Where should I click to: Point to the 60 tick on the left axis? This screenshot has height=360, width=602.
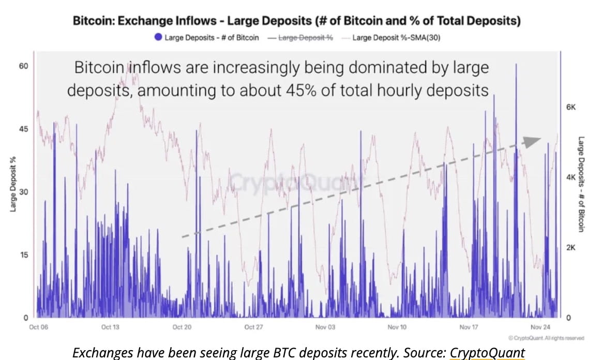click(24, 66)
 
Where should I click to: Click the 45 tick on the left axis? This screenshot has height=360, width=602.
click(24, 129)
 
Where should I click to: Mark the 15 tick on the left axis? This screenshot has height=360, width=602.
click(24, 254)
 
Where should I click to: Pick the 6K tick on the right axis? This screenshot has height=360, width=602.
click(570, 107)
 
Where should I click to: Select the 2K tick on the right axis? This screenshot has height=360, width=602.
click(570, 247)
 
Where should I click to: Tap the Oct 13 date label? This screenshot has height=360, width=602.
click(110, 327)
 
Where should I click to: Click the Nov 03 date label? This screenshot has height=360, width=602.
click(326, 327)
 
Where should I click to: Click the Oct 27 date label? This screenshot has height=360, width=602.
click(253, 327)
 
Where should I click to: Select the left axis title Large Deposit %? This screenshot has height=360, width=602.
click(12, 185)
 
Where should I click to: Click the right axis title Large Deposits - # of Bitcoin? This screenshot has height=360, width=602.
click(580, 184)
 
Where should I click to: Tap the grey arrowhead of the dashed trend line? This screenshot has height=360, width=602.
click(533, 141)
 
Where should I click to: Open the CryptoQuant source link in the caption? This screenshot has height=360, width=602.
click(487, 353)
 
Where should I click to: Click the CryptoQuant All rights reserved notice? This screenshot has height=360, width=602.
click(547, 338)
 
